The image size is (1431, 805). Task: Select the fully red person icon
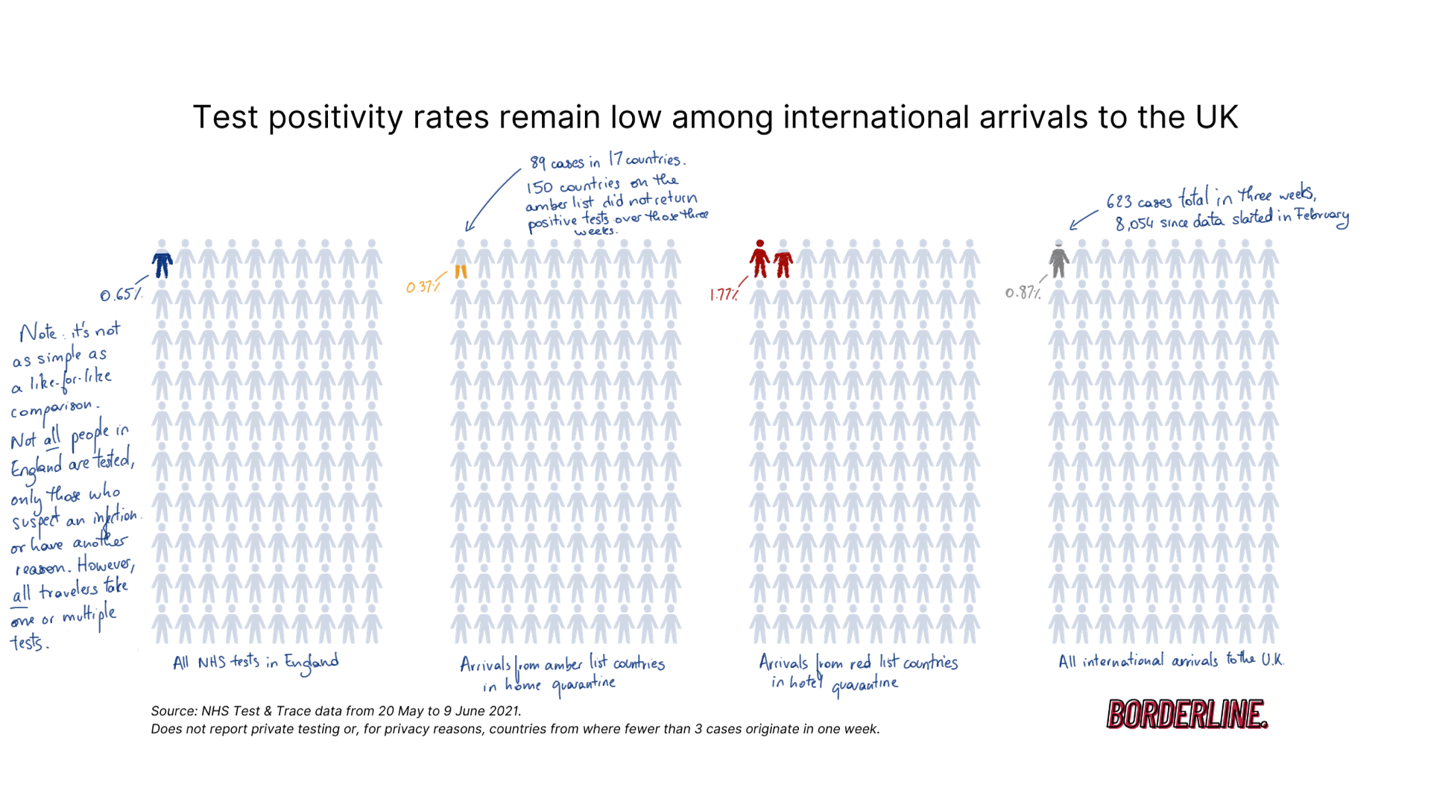759,259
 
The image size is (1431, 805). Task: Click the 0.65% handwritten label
120,294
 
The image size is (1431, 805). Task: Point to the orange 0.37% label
423,287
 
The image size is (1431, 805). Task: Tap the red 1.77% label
724,294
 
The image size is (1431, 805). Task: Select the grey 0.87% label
1023,293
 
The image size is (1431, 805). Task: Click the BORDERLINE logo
1187,714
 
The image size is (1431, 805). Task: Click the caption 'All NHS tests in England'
256,663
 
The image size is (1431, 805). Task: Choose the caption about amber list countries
561,673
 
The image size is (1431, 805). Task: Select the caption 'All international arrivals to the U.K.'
1170,660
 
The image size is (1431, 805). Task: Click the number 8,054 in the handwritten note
1134,224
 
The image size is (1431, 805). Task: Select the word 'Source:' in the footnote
174,711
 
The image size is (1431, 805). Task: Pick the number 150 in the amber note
540,187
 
